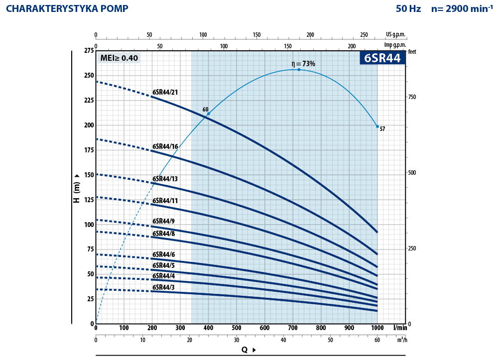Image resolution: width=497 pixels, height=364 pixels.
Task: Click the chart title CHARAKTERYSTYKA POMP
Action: point(67,8)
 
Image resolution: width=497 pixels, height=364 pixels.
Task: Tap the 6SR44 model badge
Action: point(382,58)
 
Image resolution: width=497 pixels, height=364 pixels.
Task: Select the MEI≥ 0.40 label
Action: point(119,58)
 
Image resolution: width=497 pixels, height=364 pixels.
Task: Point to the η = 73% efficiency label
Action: point(303,64)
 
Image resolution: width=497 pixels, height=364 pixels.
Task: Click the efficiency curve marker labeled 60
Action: point(208,114)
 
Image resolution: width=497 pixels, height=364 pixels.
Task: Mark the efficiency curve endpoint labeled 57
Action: point(377,126)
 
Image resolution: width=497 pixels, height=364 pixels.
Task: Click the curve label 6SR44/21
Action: point(165,92)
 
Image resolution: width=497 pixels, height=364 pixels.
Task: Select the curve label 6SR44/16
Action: point(165,146)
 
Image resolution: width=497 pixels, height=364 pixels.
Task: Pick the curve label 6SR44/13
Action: point(165,179)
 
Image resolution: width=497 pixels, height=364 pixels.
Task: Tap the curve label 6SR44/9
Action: point(163,221)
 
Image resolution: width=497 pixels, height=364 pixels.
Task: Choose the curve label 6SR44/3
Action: point(163,287)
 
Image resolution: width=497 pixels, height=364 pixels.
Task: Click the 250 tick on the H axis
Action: point(88,75)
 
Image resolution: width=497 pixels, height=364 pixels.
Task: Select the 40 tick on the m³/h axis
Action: point(283,340)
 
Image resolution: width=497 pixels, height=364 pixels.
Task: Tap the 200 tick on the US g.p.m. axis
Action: point(310,35)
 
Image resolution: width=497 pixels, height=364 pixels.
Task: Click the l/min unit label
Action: point(400,328)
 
